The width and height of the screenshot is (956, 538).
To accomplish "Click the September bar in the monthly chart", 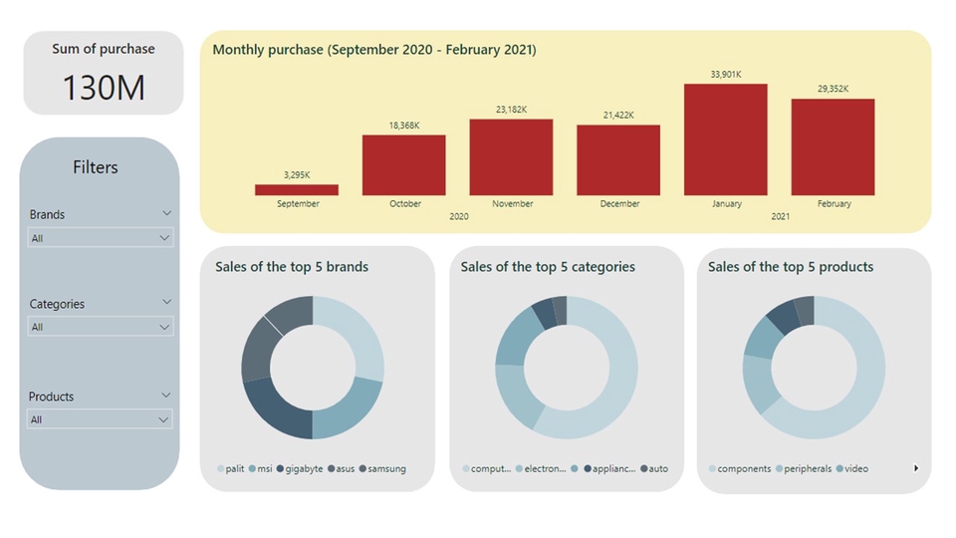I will point(297,189).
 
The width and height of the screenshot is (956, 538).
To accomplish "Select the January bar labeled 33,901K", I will point(726,139).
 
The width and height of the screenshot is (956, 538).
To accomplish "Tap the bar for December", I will point(618,159).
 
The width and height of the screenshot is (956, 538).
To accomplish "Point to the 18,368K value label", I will point(404,126).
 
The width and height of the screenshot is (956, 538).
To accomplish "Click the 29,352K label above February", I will point(834,89).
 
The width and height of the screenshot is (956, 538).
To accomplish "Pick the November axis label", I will point(512,203).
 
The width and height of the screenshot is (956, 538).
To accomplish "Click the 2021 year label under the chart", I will point(780,216).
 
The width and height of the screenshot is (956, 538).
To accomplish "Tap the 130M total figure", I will point(104,88).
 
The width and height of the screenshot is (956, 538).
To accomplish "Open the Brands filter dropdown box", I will point(100,238).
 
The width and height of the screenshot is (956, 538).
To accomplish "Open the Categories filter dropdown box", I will point(100,327).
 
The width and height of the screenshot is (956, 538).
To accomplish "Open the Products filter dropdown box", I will point(100,419).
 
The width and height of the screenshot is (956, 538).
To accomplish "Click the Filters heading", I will point(96,167).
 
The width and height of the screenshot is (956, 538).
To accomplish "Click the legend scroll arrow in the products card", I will point(916,468).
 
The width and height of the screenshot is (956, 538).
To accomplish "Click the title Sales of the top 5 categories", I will point(548,267).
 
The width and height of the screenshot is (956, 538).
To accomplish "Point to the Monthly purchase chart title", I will point(374,50).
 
